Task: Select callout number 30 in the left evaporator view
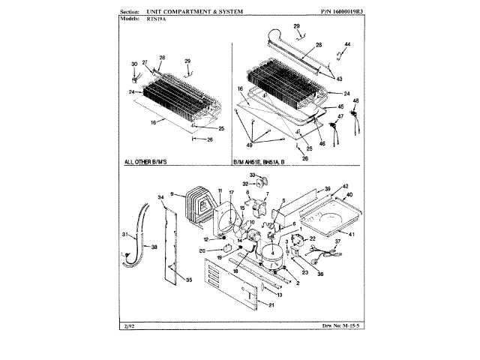point(134,64)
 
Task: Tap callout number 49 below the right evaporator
point(251,144)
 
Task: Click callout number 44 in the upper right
point(348,46)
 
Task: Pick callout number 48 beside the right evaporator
point(355,100)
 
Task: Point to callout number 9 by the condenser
point(172,194)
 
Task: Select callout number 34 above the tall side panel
point(160,198)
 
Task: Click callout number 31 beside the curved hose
point(125,235)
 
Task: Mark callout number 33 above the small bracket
point(253,175)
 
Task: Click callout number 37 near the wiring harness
point(337,242)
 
